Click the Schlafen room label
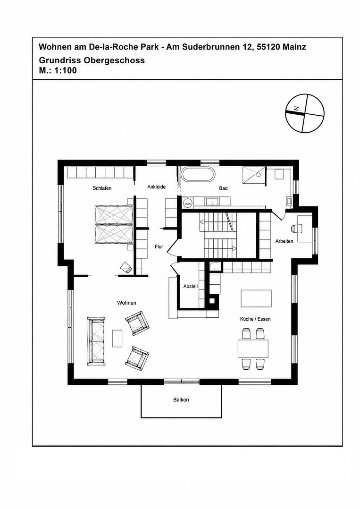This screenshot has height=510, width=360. [x=102, y=188]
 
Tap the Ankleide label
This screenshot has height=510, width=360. [x=157, y=187]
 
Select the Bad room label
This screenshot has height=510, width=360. [x=223, y=188]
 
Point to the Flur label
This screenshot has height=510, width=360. [x=159, y=247]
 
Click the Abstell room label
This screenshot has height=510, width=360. [x=191, y=287]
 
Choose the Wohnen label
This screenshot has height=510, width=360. [x=127, y=303]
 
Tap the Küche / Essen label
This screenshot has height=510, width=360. [x=255, y=319]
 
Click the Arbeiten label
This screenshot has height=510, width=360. [x=285, y=241]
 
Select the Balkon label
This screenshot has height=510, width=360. [x=181, y=400]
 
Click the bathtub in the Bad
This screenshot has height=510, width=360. [x=198, y=175]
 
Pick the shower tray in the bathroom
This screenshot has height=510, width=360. [x=254, y=176]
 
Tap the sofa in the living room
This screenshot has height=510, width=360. [x=96, y=341]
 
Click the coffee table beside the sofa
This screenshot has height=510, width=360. [x=117, y=338]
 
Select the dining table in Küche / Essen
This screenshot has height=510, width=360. [x=253, y=348]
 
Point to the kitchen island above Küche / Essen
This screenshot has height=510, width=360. [x=256, y=298]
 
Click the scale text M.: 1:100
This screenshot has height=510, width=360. [x=58, y=70]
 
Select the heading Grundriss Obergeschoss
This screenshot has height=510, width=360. [x=92, y=60]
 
